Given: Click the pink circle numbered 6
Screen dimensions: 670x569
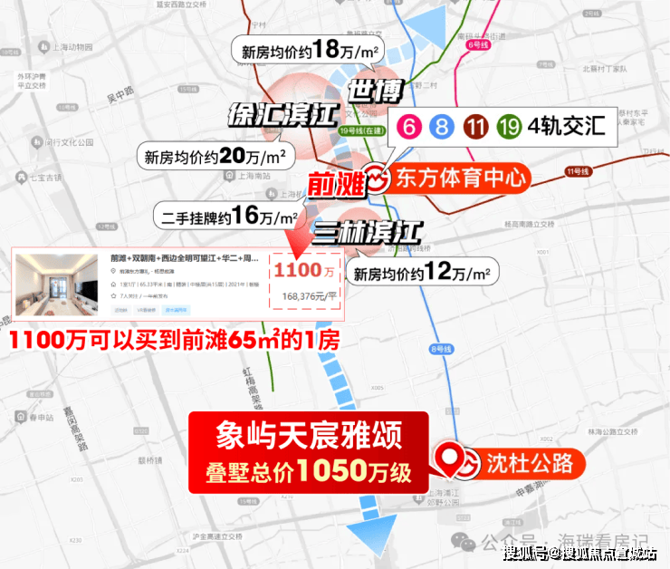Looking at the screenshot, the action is pos(409,128).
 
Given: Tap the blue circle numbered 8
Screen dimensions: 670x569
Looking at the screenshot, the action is pos(442,128).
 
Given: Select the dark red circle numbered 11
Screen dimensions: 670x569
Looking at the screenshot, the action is pos(475,128).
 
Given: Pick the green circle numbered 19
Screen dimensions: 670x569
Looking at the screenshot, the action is pos(508,128).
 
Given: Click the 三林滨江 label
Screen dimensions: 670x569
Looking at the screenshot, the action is pos(368,232).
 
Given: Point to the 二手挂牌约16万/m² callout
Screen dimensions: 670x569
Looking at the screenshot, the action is pos(225,217).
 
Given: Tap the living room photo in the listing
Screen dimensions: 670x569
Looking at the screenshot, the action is pos(56,284).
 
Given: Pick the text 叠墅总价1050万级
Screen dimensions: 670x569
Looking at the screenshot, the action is pos(307,471).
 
